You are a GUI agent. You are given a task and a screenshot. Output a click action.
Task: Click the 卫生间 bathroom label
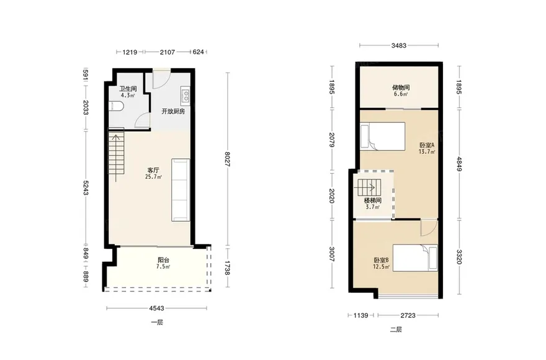128,89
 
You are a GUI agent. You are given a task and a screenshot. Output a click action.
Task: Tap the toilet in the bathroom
116,106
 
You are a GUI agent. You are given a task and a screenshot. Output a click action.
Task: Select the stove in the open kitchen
186,96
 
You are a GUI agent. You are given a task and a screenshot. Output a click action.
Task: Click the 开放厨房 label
173,112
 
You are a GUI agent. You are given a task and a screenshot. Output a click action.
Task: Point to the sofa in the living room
181,190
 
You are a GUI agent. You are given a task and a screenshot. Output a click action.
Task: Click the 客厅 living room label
153,171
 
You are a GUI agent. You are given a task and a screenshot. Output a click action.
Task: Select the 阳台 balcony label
163,260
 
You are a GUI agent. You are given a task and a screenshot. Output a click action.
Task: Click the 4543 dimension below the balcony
156,308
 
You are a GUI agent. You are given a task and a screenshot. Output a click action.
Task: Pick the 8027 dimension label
227,159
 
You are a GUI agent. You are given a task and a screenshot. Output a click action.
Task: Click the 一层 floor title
157,322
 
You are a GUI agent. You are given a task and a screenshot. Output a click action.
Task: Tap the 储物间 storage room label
401,88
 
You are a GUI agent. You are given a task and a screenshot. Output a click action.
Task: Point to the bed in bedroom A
383,137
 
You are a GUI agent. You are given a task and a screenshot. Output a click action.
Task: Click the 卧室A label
427,145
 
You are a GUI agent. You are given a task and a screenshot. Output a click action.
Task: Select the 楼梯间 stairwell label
373,200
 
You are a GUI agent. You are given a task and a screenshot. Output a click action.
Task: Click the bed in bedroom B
415,258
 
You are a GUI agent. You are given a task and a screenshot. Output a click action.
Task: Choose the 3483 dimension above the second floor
399,45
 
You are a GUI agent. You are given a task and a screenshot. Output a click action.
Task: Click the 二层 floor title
396,330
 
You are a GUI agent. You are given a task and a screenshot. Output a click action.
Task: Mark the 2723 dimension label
408,315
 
